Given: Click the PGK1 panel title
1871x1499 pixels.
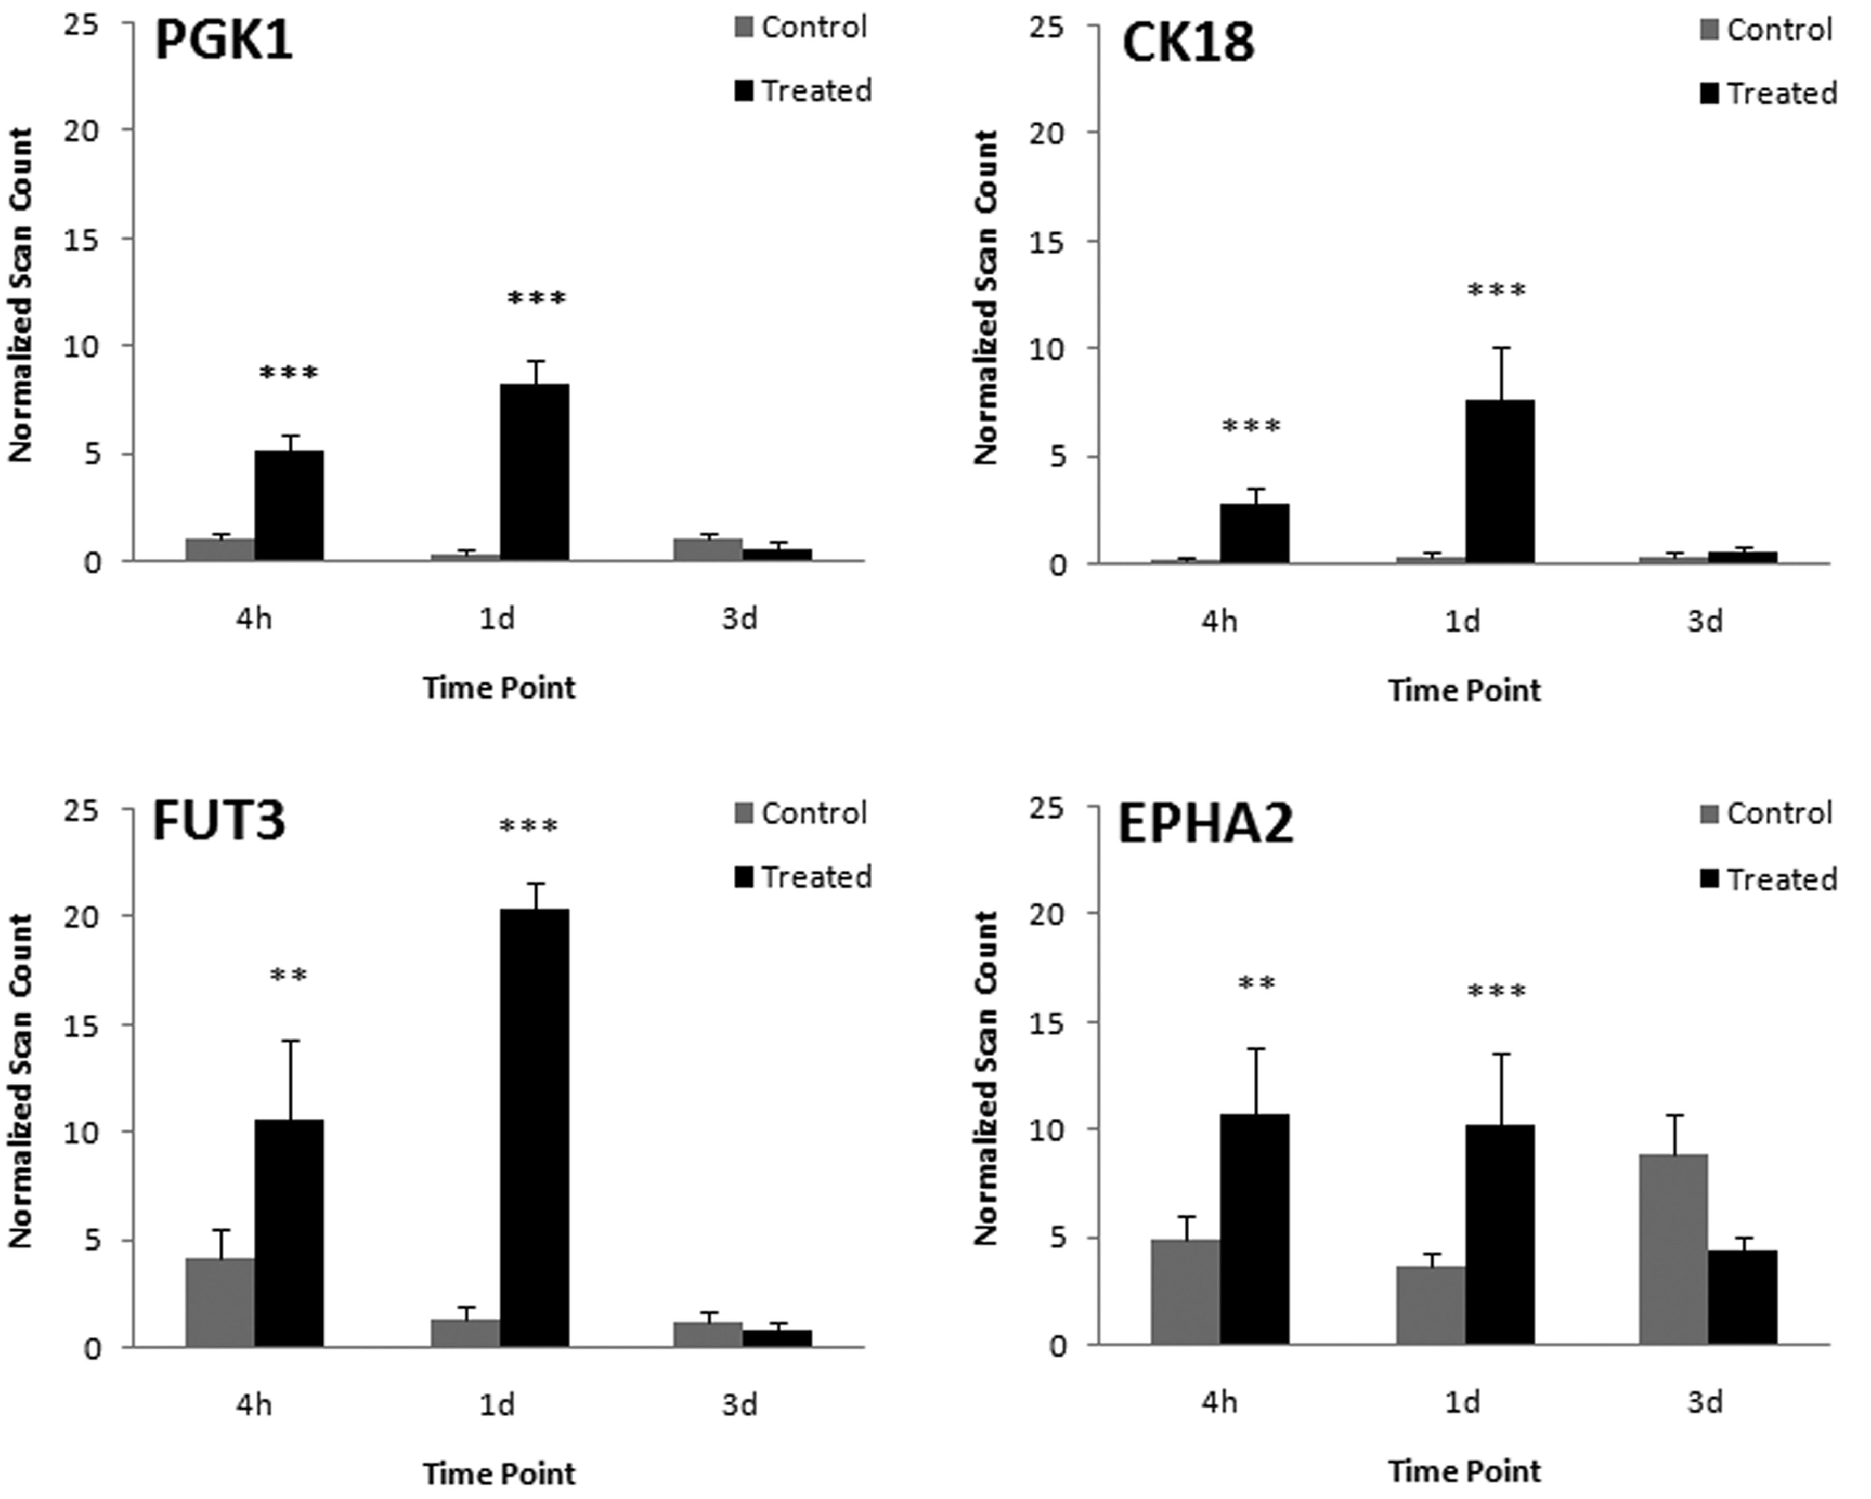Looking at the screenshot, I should pyautogui.click(x=224, y=42).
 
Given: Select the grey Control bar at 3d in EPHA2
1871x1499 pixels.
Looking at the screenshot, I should pyautogui.click(x=1673, y=1249).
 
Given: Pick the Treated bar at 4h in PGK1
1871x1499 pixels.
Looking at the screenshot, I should pyautogui.click(x=289, y=506).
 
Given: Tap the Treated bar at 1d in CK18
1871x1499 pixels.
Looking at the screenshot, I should pyautogui.click(x=1500, y=481).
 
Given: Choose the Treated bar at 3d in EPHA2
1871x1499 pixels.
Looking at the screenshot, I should pyautogui.click(x=1743, y=1297).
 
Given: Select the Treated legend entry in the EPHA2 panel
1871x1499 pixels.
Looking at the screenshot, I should pyautogui.click(x=1769, y=879).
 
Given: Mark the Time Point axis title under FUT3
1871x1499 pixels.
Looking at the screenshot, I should pyautogui.click(x=499, y=1474).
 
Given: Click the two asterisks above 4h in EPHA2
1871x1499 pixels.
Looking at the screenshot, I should pyautogui.click(x=1256, y=984).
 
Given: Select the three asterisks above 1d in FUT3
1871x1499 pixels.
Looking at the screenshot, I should pyautogui.click(x=528, y=826).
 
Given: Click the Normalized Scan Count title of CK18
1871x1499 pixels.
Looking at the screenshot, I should pyautogui.click(x=986, y=297).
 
